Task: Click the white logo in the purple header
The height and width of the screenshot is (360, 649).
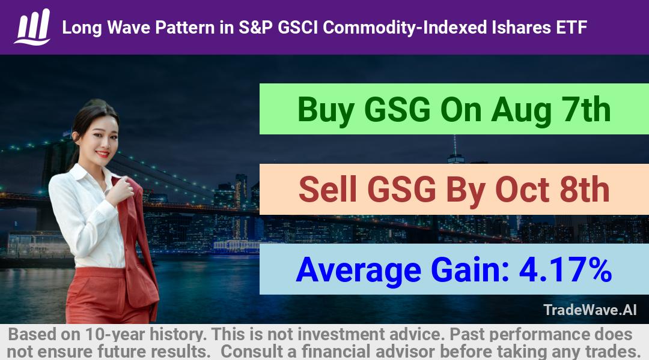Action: [x=32, y=27]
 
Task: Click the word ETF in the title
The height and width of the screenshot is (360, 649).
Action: [x=571, y=28]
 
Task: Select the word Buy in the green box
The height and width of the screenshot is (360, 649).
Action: [x=326, y=110]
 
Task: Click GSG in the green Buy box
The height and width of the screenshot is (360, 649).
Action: [x=398, y=110]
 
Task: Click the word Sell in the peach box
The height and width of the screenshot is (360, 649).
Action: [x=328, y=189]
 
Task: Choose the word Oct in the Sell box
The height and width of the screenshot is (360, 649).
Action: [x=522, y=189]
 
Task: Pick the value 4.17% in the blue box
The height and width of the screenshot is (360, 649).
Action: [x=565, y=269]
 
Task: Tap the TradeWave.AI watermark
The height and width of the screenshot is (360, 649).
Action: [x=590, y=310]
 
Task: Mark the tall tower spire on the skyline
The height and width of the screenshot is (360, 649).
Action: [x=455, y=145]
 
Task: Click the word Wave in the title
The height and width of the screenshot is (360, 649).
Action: [x=129, y=28]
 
